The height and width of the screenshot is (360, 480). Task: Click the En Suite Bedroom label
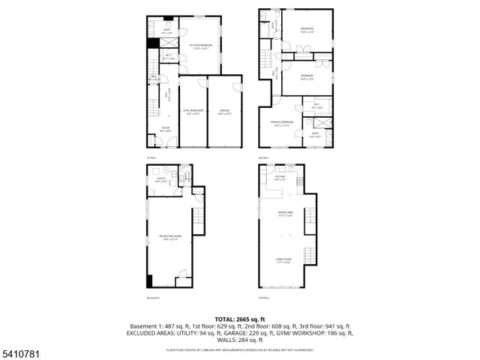coord(201,46)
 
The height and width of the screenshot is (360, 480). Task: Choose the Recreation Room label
coord(167,238)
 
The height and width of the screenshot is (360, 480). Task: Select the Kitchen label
coord(280,178)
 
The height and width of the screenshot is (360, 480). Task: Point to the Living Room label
coord(283,261)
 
